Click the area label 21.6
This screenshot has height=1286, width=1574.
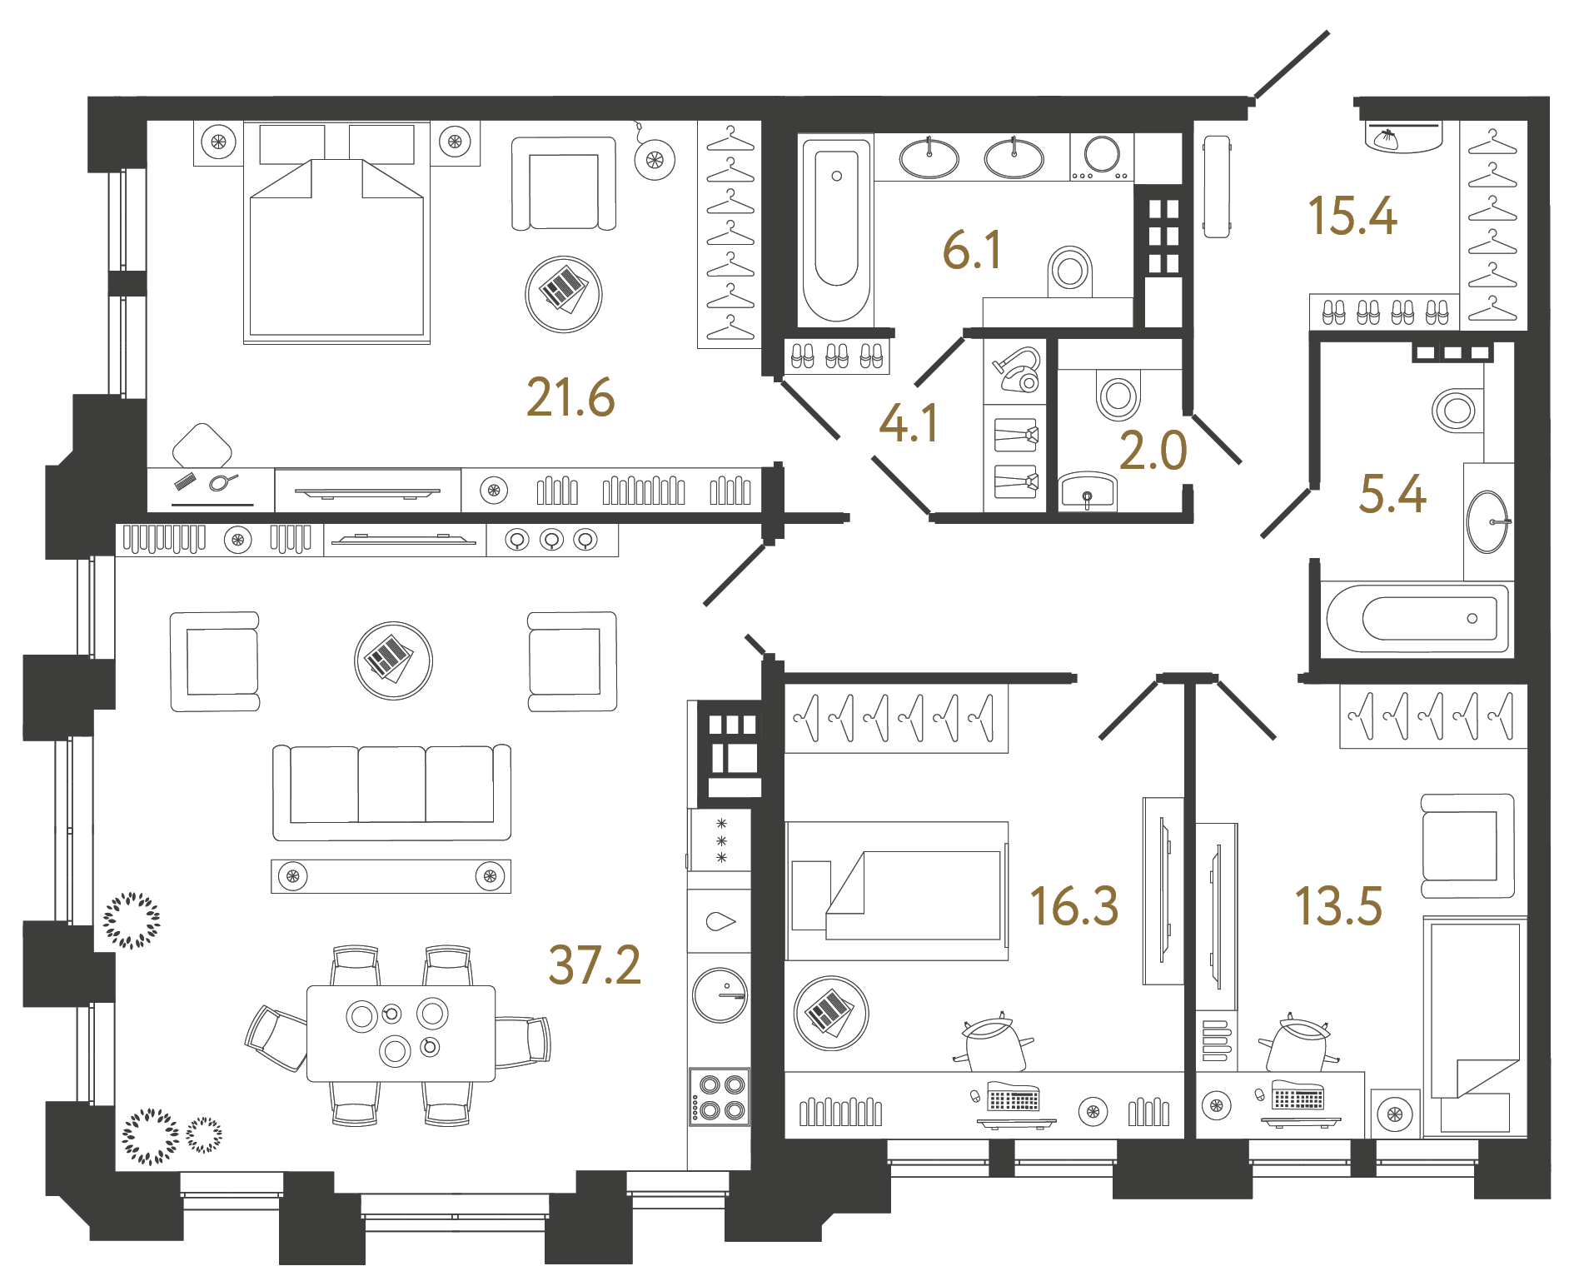coord(570,397)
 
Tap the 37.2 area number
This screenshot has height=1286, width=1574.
coord(595,965)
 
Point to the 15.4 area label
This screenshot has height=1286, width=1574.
coord(1352,216)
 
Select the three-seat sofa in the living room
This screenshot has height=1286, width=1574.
coord(391,791)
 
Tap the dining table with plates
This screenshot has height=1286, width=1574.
coord(401,1033)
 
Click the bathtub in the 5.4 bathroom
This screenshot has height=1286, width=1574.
coord(1417,618)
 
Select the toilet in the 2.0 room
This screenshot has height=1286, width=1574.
coord(1118,395)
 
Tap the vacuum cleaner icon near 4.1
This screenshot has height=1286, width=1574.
coord(1017,370)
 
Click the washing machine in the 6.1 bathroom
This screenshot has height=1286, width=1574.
coord(1101,156)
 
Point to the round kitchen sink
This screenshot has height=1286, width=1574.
coord(720,994)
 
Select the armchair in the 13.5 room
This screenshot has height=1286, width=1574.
coord(1467,845)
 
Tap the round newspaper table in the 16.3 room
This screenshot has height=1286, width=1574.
coord(830,1013)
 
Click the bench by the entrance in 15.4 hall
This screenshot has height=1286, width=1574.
coord(1217,187)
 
